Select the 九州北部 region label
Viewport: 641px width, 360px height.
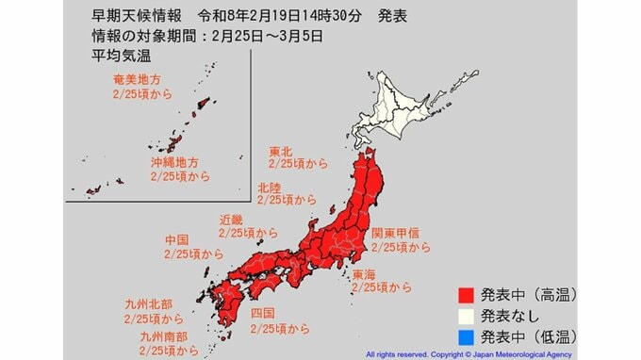click(147, 305)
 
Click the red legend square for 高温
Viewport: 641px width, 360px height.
click(465, 294)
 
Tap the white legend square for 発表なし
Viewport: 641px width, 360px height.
click(465, 315)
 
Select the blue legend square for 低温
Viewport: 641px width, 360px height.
click(465, 336)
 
